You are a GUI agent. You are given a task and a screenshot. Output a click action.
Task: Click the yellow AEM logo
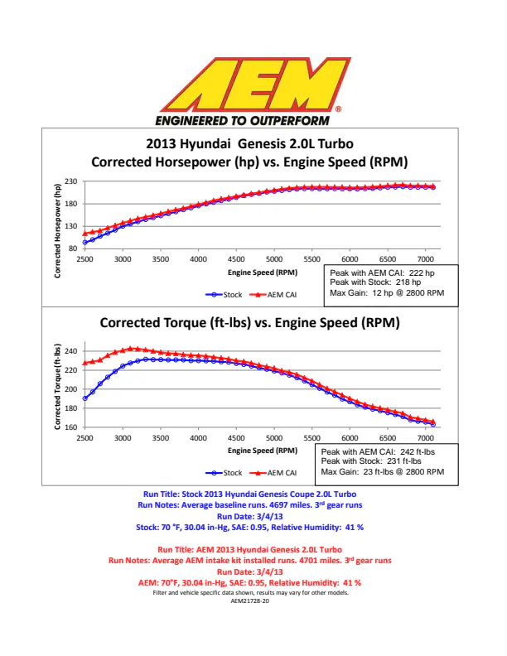click(x=255, y=84)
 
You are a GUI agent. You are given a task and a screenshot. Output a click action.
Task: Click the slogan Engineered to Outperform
click(x=243, y=121)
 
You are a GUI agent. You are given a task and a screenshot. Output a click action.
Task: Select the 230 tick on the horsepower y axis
click(x=70, y=181)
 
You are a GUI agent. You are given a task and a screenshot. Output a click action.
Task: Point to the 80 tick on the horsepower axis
click(x=73, y=248)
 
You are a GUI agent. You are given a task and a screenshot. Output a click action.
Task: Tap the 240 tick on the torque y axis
click(x=70, y=351)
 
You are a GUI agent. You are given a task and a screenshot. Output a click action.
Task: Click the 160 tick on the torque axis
click(x=70, y=427)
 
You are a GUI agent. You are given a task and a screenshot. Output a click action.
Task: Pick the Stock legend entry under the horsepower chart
click(x=224, y=295)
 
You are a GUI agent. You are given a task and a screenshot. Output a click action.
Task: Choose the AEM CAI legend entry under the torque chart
click(x=273, y=473)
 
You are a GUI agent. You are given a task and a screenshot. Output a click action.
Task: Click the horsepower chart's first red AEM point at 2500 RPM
click(x=85, y=234)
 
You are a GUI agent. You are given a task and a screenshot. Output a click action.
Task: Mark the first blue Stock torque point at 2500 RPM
click(x=85, y=398)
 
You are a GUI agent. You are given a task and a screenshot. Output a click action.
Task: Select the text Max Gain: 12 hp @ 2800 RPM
click(x=387, y=293)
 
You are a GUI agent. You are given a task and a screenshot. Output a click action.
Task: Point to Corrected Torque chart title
click(x=249, y=322)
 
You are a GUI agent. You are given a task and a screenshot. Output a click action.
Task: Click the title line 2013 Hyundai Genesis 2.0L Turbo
click(x=249, y=144)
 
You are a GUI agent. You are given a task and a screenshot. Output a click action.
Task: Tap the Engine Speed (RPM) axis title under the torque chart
click(x=263, y=451)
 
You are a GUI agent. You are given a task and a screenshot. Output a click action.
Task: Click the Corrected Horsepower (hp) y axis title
click(x=58, y=231)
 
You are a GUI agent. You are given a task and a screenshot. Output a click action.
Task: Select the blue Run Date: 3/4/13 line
click(x=249, y=516)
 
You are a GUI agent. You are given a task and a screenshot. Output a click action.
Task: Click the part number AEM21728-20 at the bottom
click(x=249, y=601)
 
